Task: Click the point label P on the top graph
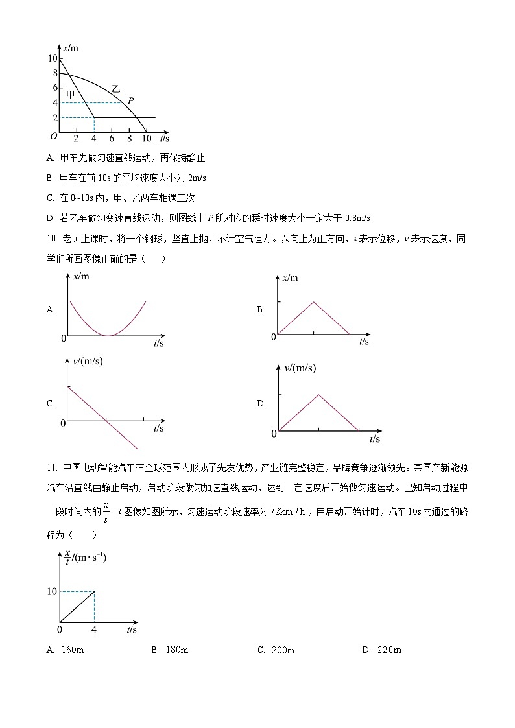tap(130, 101)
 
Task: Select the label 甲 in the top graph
tap(71, 95)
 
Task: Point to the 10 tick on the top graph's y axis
tap(52, 58)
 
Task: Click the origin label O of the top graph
tap(53, 135)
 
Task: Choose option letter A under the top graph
tap(50, 158)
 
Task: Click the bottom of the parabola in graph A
tap(108, 335)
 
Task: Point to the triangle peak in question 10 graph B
tap(314, 301)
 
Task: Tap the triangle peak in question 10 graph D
tap(318, 395)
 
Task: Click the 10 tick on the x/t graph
tap(51, 591)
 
